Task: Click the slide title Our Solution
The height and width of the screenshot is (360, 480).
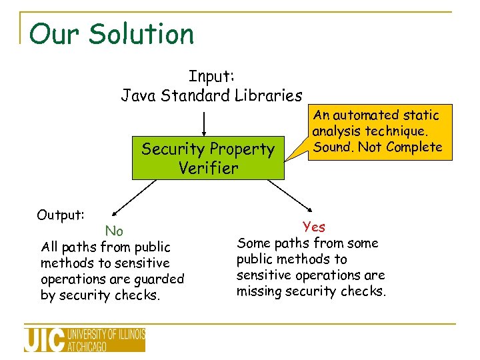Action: coord(111,34)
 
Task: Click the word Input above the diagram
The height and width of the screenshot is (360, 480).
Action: coord(211,77)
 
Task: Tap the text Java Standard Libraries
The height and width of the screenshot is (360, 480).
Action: coord(211,95)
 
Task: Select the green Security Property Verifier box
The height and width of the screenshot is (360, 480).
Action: coord(207,158)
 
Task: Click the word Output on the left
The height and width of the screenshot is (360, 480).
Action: coord(60,215)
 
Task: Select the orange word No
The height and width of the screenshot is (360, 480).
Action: coord(114,231)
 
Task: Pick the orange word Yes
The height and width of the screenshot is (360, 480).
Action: coord(313,227)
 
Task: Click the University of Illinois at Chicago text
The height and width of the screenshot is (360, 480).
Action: coord(106,339)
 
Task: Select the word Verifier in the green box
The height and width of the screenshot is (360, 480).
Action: coord(208,168)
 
